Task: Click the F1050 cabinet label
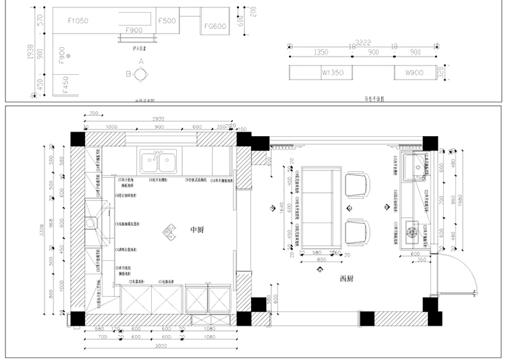pos(79,21)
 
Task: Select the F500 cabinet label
pos(167,21)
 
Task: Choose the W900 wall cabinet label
pos(414,72)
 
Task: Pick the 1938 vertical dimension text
pos(22,53)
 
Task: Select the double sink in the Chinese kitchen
pos(159,160)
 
